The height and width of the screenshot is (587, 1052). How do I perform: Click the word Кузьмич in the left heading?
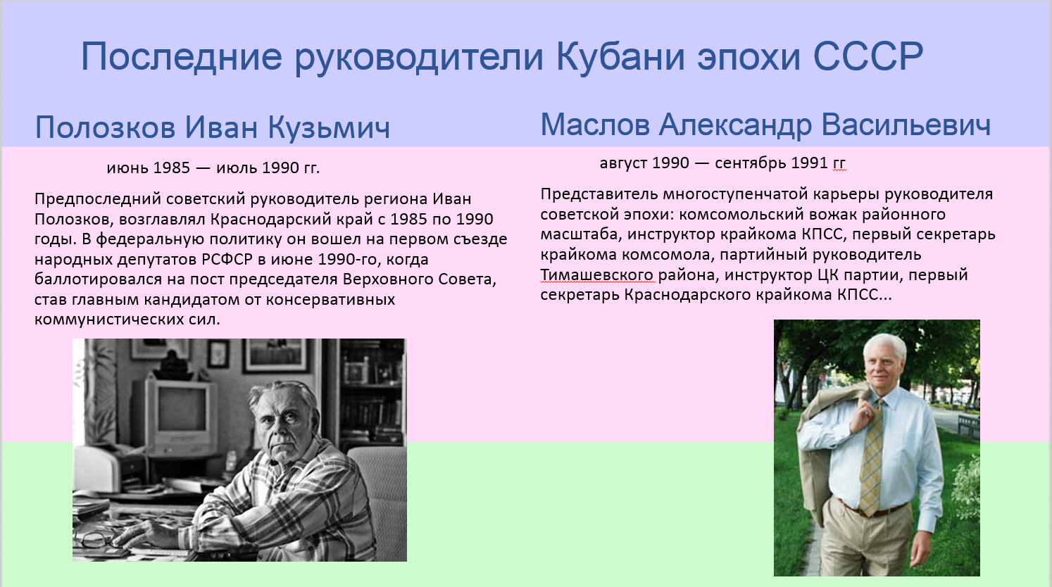pos(330,127)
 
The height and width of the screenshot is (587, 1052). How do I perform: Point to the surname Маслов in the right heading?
pos(595,125)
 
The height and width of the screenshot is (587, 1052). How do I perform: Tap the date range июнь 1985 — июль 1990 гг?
pos(213,168)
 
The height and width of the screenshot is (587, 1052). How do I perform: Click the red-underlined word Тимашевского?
pos(596,275)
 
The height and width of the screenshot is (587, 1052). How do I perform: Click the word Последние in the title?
pos(182,56)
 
